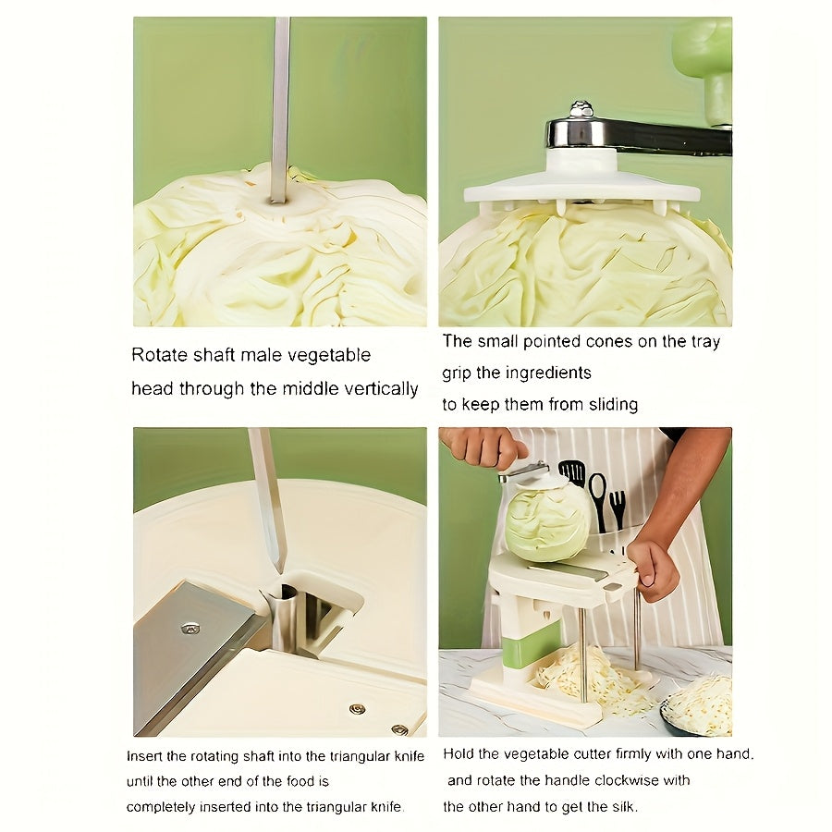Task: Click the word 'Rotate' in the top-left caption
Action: click(157, 355)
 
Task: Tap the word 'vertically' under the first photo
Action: click(377, 389)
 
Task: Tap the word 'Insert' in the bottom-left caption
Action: click(146, 755)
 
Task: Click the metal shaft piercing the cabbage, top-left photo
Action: click(280, 102)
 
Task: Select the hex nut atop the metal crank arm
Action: click(581, 109)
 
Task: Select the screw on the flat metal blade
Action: click(190, 628)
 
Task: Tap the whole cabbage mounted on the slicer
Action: click(549, 521)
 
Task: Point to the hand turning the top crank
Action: click(484, 447)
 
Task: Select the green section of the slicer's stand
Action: click(532, 644)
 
